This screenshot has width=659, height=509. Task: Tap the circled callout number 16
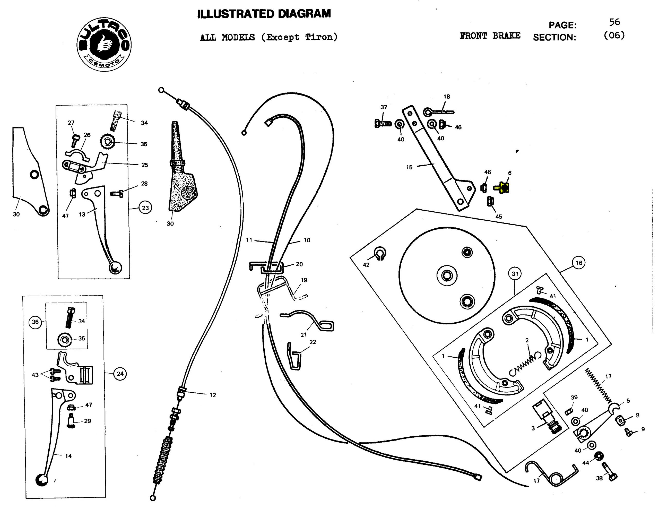coord(578,263)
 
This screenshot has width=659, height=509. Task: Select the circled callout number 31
coord(515,274)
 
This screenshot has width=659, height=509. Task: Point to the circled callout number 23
coord(145,208)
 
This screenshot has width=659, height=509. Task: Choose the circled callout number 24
coord(120,374)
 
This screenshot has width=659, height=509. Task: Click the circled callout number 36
coord(35,322)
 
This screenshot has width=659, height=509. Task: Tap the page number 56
coord(614,22)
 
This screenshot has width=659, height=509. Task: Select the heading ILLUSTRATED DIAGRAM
coord(264,14)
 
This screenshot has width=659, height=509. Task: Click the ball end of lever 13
coord(115,267)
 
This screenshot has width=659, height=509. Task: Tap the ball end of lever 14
coord(41,480)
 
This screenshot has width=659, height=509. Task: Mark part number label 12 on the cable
coord(213,395)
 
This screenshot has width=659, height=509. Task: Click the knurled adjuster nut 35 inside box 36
coord(64,340)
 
